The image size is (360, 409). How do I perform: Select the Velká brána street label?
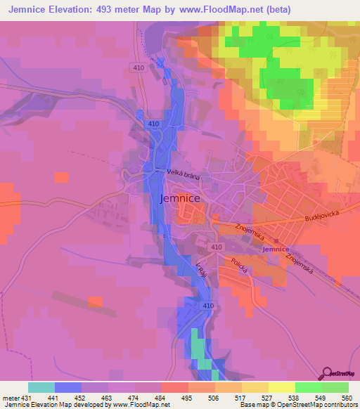[184, 175]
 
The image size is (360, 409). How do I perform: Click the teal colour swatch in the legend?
[41, 387]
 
